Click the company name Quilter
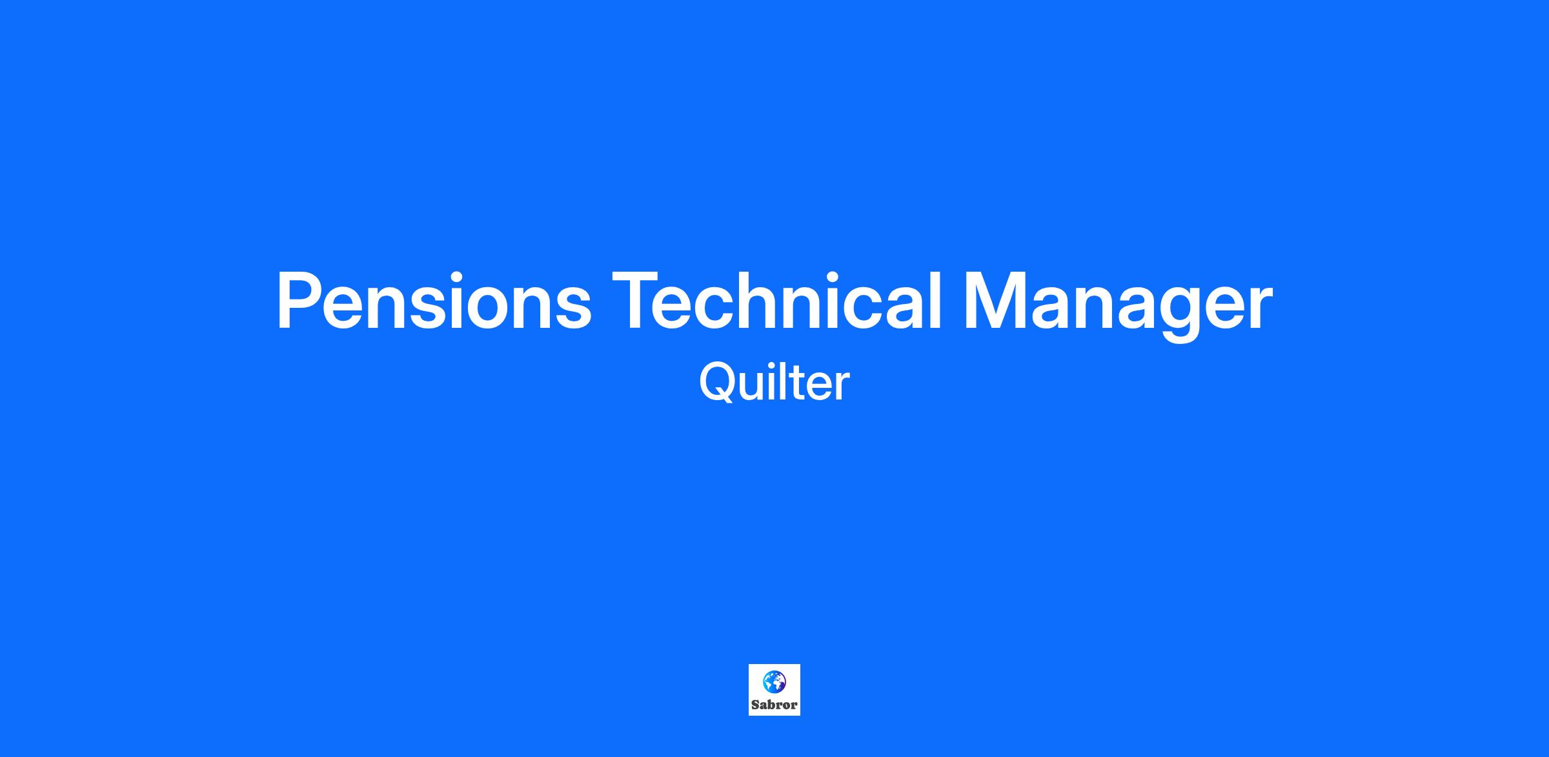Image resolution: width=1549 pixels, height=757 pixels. pyautogui.click(x=774, y=383)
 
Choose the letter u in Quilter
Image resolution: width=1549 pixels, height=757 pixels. pyautogui.click(x=755, y=387)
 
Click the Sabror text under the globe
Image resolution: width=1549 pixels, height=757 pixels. pyautogui.click(x=774, y=705)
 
